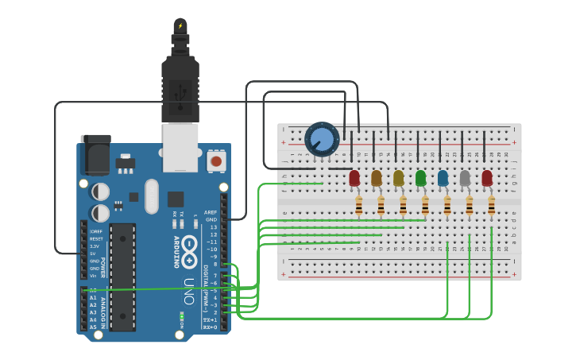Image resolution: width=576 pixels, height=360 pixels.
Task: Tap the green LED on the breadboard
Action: [420, 178]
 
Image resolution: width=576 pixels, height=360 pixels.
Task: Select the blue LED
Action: [443, 178]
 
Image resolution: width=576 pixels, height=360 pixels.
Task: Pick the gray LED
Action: [465, 178]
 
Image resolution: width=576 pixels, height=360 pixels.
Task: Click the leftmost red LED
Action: [354, 178]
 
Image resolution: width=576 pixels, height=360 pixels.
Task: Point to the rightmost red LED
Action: [487, 178]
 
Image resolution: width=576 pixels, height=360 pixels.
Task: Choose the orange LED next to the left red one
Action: [377, 178]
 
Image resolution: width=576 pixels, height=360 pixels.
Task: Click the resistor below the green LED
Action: [425, 207]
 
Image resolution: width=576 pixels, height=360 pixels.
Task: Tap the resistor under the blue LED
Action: [447, 207]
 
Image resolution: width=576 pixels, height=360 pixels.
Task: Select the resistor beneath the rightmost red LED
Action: [492, 207]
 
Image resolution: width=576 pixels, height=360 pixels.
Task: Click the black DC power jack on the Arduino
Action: [95, 154]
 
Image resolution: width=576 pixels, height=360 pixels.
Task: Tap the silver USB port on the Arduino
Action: [180, 147]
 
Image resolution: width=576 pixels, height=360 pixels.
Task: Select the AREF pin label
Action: [211, 213]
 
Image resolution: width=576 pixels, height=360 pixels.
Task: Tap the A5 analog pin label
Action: [93, 327]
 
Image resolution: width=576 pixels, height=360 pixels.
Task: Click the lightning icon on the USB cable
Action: [180, 25]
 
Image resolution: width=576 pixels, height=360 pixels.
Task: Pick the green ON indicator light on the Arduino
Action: [182, 315]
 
